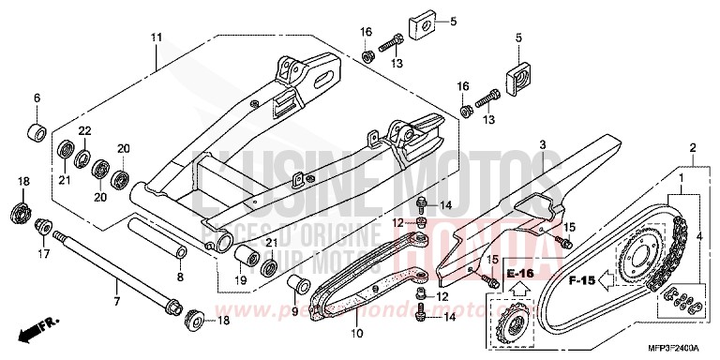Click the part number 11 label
pos(157,37)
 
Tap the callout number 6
pos(37,97)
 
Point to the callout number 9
pos(293,313)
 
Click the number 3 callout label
pos(542,144)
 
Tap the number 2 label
pos(692,148)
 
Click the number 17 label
pos(43,254)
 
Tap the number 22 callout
pos(83,129)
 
